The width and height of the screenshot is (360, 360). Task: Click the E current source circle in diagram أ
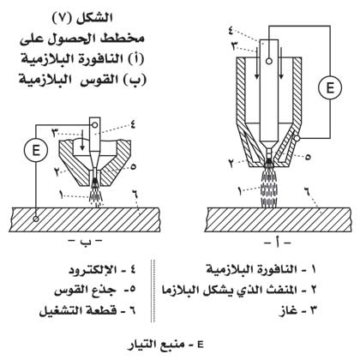coord(330,87)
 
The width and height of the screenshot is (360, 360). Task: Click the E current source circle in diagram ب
coord(36,150)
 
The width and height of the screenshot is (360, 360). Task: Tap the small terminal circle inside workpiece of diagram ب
coord(36,219)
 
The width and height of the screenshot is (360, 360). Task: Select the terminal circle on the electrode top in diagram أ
coord(268,61)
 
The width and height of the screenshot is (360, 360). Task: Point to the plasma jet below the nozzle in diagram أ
coord(269,186)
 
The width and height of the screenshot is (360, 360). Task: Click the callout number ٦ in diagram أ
coord(307,191)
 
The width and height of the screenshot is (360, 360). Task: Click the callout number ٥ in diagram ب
coord(133,166)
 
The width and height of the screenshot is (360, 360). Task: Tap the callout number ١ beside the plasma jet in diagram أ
coord(240,191)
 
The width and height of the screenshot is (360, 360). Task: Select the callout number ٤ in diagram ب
coord(133,125)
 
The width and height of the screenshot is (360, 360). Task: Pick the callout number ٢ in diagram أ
coord(231,163)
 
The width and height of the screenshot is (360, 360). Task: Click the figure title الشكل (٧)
coord(82,18)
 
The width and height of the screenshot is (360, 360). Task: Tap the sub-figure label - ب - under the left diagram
coord(85,242)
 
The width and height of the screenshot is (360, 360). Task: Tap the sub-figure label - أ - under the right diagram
coord(278,243)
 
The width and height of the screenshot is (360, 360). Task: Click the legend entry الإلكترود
coord(102,270)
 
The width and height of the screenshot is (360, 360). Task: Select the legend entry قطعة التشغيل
coord(87,310)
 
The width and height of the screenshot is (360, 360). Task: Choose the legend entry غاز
coord(298,310)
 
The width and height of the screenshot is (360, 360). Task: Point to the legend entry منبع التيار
coord(165,345)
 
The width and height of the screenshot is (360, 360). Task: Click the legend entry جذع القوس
coord(95,290)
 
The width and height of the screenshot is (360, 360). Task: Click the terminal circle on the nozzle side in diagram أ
coord(297,139)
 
